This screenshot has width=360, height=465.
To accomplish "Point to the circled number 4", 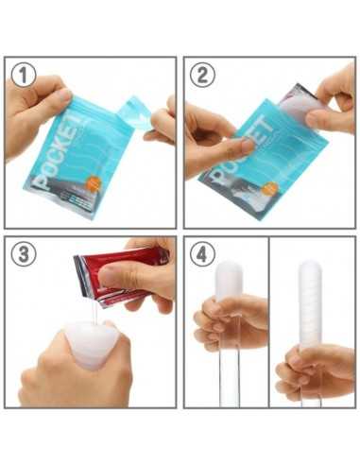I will click(202, 254).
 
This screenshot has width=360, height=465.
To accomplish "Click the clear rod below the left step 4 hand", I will click(228, 378).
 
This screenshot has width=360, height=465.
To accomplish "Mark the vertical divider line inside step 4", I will click(268, 321).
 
